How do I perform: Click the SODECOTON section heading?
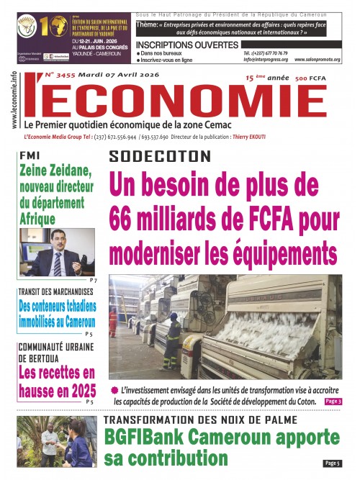tap(161, 156)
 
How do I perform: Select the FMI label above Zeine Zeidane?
tap(30, 155)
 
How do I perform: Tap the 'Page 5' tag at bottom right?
tap(332, 463)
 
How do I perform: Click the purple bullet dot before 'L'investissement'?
tap(113, 390)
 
